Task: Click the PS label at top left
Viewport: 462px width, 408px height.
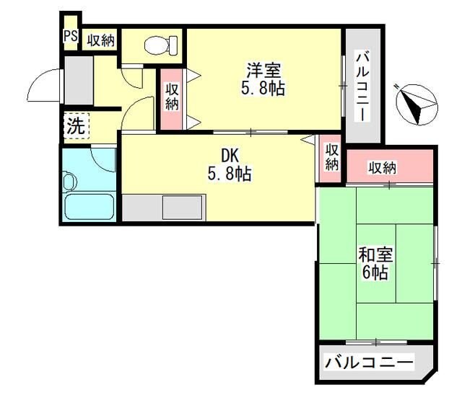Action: coord(70,37)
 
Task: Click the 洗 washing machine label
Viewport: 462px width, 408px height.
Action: coord(75,126)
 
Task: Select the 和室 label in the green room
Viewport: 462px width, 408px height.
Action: coord(375,254)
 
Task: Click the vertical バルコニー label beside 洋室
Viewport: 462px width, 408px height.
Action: coord(362,86)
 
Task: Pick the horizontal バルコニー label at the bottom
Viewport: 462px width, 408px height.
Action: coord(368,363)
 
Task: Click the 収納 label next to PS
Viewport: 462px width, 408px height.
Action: coord(101,40)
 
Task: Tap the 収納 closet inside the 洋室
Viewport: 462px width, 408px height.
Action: coord(172,97)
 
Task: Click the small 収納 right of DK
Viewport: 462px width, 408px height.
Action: coord(331,157)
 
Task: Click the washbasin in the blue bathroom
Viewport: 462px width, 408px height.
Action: coord(70,181)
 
